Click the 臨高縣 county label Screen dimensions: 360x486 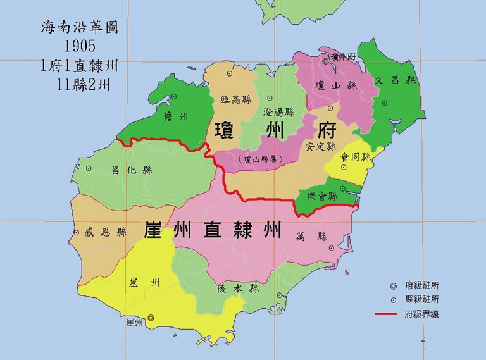pyautogui.click(x=235, y=99)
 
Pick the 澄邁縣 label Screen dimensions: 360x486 pyautogui.click(x=278, y=112)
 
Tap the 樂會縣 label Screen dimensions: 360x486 pyautogui.click(x=322, y=196)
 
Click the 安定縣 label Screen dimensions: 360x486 pyautogui.click(x=320, y=145)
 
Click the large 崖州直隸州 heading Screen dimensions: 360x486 pyautogui.click(x=213, y=229)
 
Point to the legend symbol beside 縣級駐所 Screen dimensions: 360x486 pyautogui.click(x=392, y=300)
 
